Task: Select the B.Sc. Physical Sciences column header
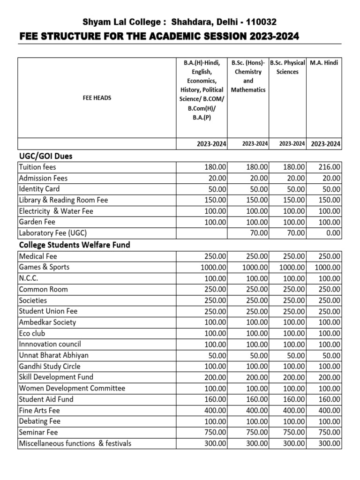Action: [x=288, y=67]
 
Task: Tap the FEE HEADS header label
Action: [x=97, y=98]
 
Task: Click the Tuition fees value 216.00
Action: [x=330, y=167]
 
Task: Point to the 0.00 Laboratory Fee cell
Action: [x=333, y=233]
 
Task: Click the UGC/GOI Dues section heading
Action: [x=45, y=155]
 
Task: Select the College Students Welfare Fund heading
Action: [x=74, y=245]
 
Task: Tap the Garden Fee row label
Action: [x=38, y=222]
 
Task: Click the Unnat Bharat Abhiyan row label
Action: [x=53, y=355]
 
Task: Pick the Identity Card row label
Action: [x=39, y=189]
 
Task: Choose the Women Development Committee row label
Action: [x=72, y=388]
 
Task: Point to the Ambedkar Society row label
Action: [x=47, y=322]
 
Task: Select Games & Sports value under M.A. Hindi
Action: [x=328, y=267]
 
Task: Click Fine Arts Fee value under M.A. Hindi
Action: [x=330, y=411]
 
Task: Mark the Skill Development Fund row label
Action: [x=56, y=377]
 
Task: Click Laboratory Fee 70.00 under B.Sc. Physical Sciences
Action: [x=295, y=233]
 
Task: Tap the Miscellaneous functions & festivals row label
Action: [x=75, y=443]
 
